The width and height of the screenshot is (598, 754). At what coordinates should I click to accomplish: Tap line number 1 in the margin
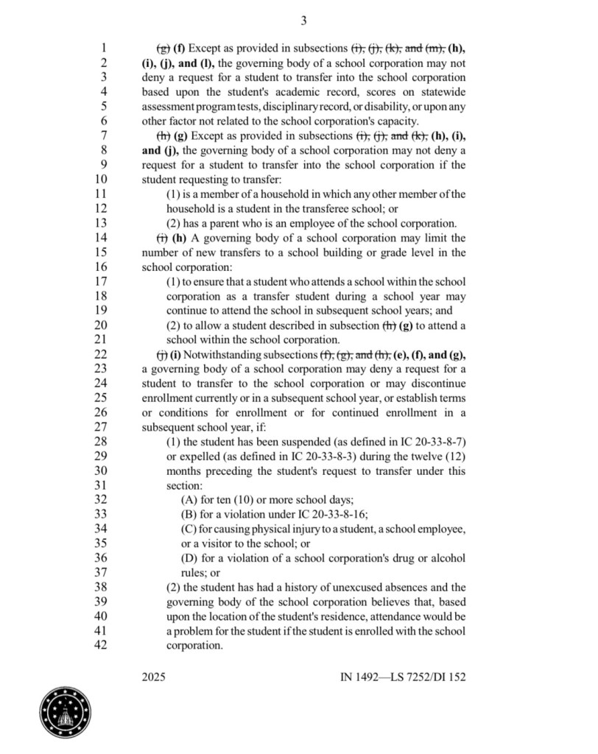click(105, 49)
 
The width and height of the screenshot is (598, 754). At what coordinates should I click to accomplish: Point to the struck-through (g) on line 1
click(162, 49)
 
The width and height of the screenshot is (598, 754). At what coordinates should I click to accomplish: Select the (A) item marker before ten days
click(189, 500)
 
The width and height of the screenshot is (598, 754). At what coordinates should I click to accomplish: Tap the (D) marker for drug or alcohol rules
click(189, 558)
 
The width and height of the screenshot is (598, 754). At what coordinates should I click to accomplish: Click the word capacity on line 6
click(397, 121)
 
